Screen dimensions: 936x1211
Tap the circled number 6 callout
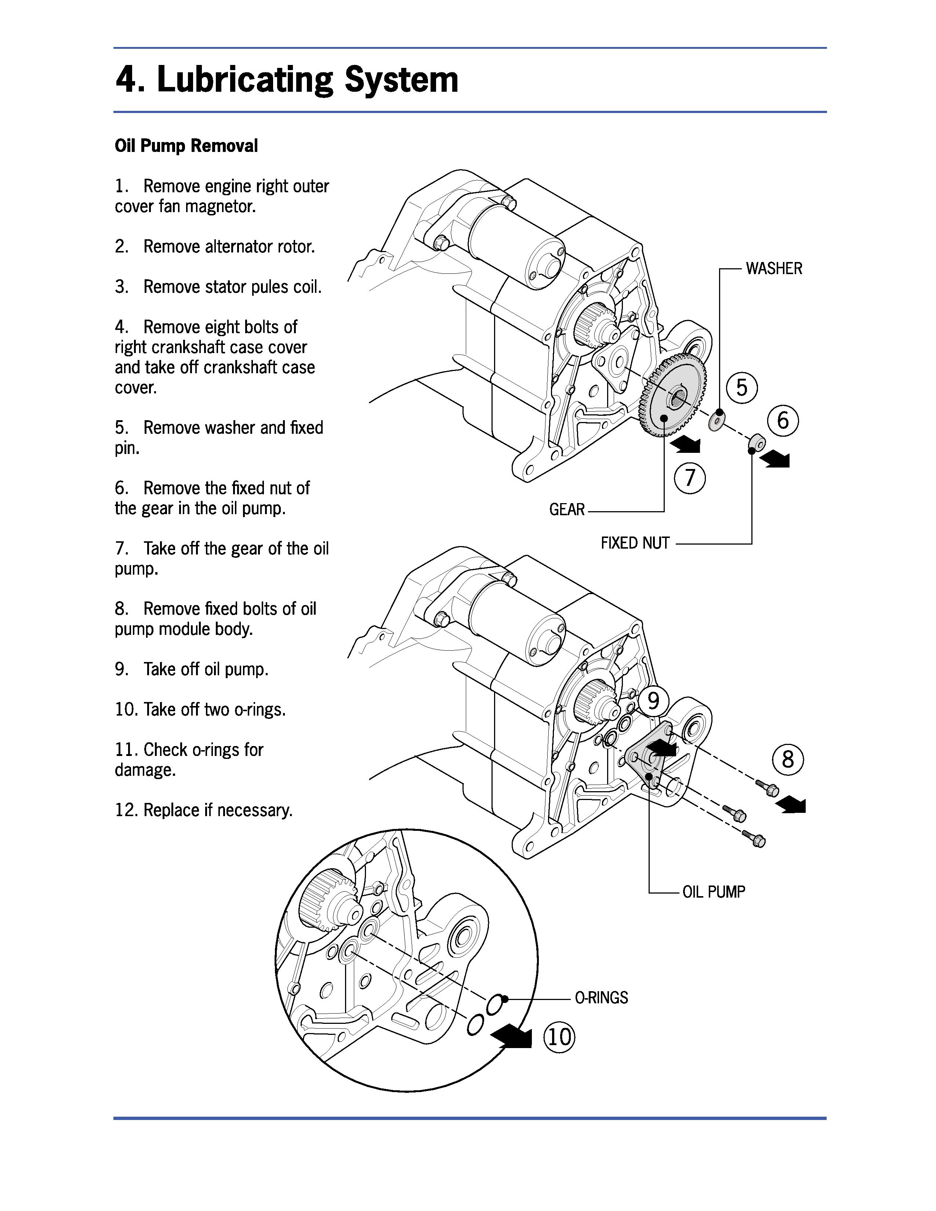[x=783, y=420]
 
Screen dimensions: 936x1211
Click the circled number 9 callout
[x=654, y=701]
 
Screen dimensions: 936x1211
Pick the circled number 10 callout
[x=559, y=1036]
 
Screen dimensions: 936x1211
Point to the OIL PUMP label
[x=714, y=892]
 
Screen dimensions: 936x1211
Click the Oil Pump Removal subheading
[x=186, y=146]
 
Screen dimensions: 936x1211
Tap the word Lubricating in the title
[x=244, y=80]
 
